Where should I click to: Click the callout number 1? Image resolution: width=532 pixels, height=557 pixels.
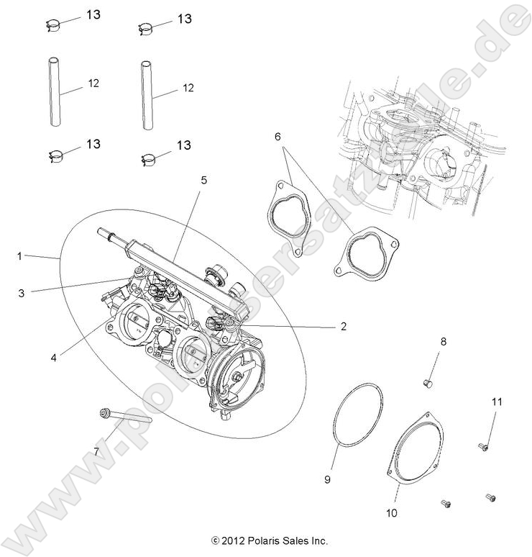coord(22,255)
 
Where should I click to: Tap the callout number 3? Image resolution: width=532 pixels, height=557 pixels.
coord(22,293)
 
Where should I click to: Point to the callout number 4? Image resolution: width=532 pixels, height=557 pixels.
coord(54,356)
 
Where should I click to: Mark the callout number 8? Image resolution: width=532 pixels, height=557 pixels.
coord(444,342)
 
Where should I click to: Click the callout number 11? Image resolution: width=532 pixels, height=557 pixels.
coord(496,401)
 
